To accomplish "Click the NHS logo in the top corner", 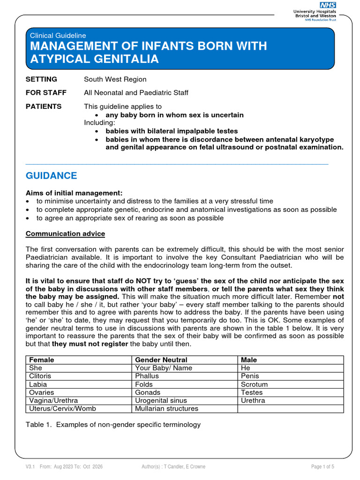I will tap(328, 5).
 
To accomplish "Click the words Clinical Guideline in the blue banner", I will tap(58, 35).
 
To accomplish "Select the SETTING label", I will tap(41, 79).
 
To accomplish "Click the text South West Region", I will tap(115, 79).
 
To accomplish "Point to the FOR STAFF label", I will tap(46, 93).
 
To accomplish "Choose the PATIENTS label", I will tap(44, 106).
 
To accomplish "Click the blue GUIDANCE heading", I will tap(51, 176).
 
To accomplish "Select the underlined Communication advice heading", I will tap(65, 233).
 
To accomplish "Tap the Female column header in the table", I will tap(41, 360).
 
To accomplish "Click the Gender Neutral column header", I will tap(161, 360).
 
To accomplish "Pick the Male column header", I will tap(248, 360).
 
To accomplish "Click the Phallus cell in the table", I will tap(147, 376).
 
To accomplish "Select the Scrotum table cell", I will tap(254, 384).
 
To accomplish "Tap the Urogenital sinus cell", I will tap(161, 401).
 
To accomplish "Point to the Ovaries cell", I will tap(41, 392).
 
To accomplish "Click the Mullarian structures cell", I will tap(166, 409).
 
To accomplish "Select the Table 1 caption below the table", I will tap(113, 425).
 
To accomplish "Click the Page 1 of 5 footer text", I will tap(322, 467).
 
